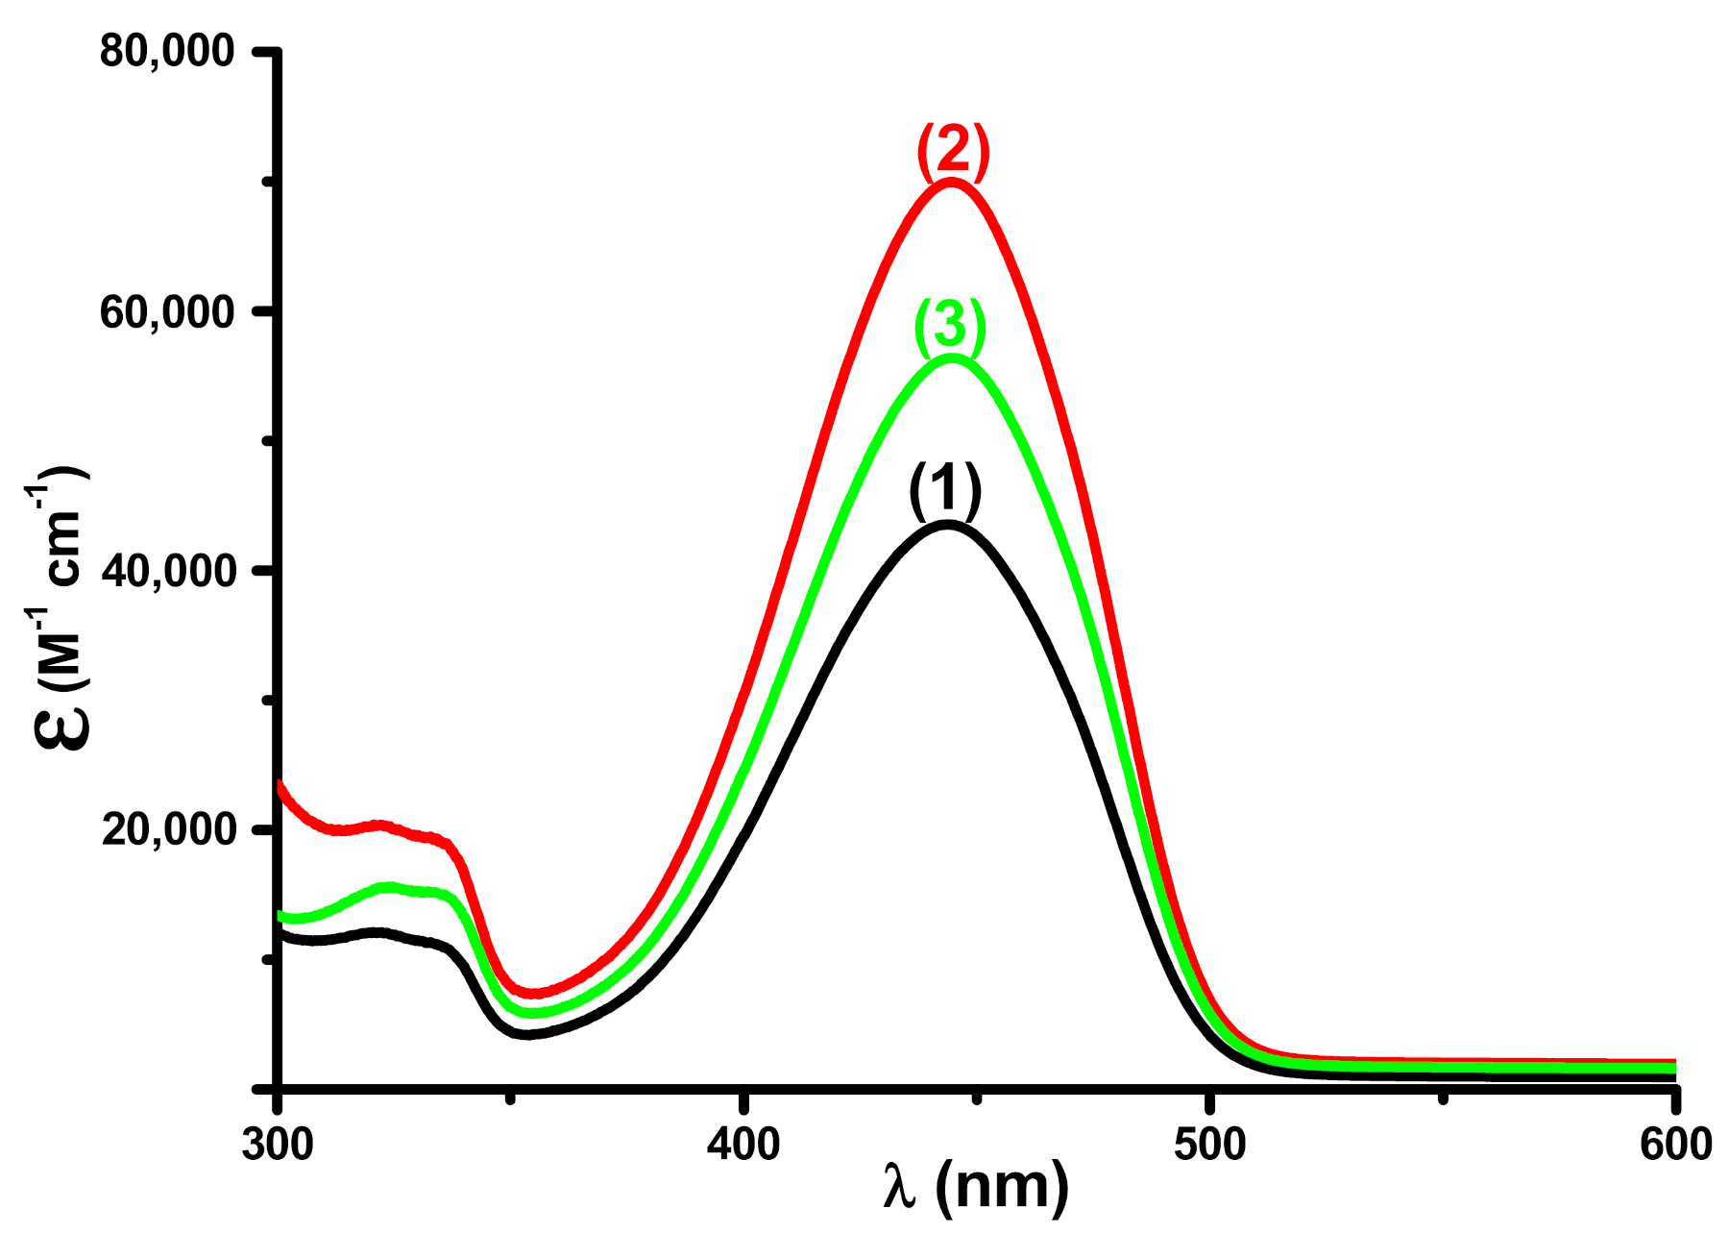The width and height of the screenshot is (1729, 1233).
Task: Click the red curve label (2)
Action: [953, 152]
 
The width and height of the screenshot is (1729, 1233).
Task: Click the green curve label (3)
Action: [949, 325]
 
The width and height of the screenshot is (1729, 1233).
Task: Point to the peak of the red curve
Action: [951, 182]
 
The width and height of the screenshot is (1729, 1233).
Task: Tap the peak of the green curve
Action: [951, 358]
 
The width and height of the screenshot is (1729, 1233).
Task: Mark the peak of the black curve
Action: [947, 525]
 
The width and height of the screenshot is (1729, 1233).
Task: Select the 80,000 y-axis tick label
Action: [167, 51]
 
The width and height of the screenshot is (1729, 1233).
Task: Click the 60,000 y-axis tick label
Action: [167, 312]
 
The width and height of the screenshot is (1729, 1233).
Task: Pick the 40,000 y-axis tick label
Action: [167, 571]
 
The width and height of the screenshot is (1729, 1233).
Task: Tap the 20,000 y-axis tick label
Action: [167, 829]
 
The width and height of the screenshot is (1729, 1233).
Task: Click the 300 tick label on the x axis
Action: [278, 1144]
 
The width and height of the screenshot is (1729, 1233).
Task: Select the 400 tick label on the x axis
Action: [743, 1144]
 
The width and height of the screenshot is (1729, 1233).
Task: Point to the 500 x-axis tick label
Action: [1209, 1144]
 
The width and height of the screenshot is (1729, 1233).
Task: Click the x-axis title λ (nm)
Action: [976, 1187]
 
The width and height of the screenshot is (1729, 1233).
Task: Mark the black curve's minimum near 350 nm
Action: [526, 1034]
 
